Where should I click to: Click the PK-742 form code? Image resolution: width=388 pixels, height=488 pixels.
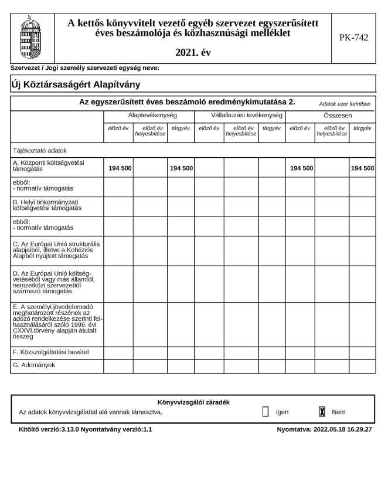[353, 38]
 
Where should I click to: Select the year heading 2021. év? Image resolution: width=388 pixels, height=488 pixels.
[193, 53]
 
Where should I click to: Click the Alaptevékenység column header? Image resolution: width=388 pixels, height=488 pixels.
[148, 116]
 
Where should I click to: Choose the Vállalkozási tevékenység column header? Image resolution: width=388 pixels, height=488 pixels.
[239, 116]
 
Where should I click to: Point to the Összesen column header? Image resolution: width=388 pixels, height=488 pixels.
[330, 116]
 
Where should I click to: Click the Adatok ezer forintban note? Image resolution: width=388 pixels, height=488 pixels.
[345, 104]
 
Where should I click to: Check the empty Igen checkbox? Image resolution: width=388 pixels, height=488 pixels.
[265, 412]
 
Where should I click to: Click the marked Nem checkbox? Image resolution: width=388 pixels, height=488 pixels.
[321, 412]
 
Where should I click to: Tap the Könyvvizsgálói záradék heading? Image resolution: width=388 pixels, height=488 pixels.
[193, 402]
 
